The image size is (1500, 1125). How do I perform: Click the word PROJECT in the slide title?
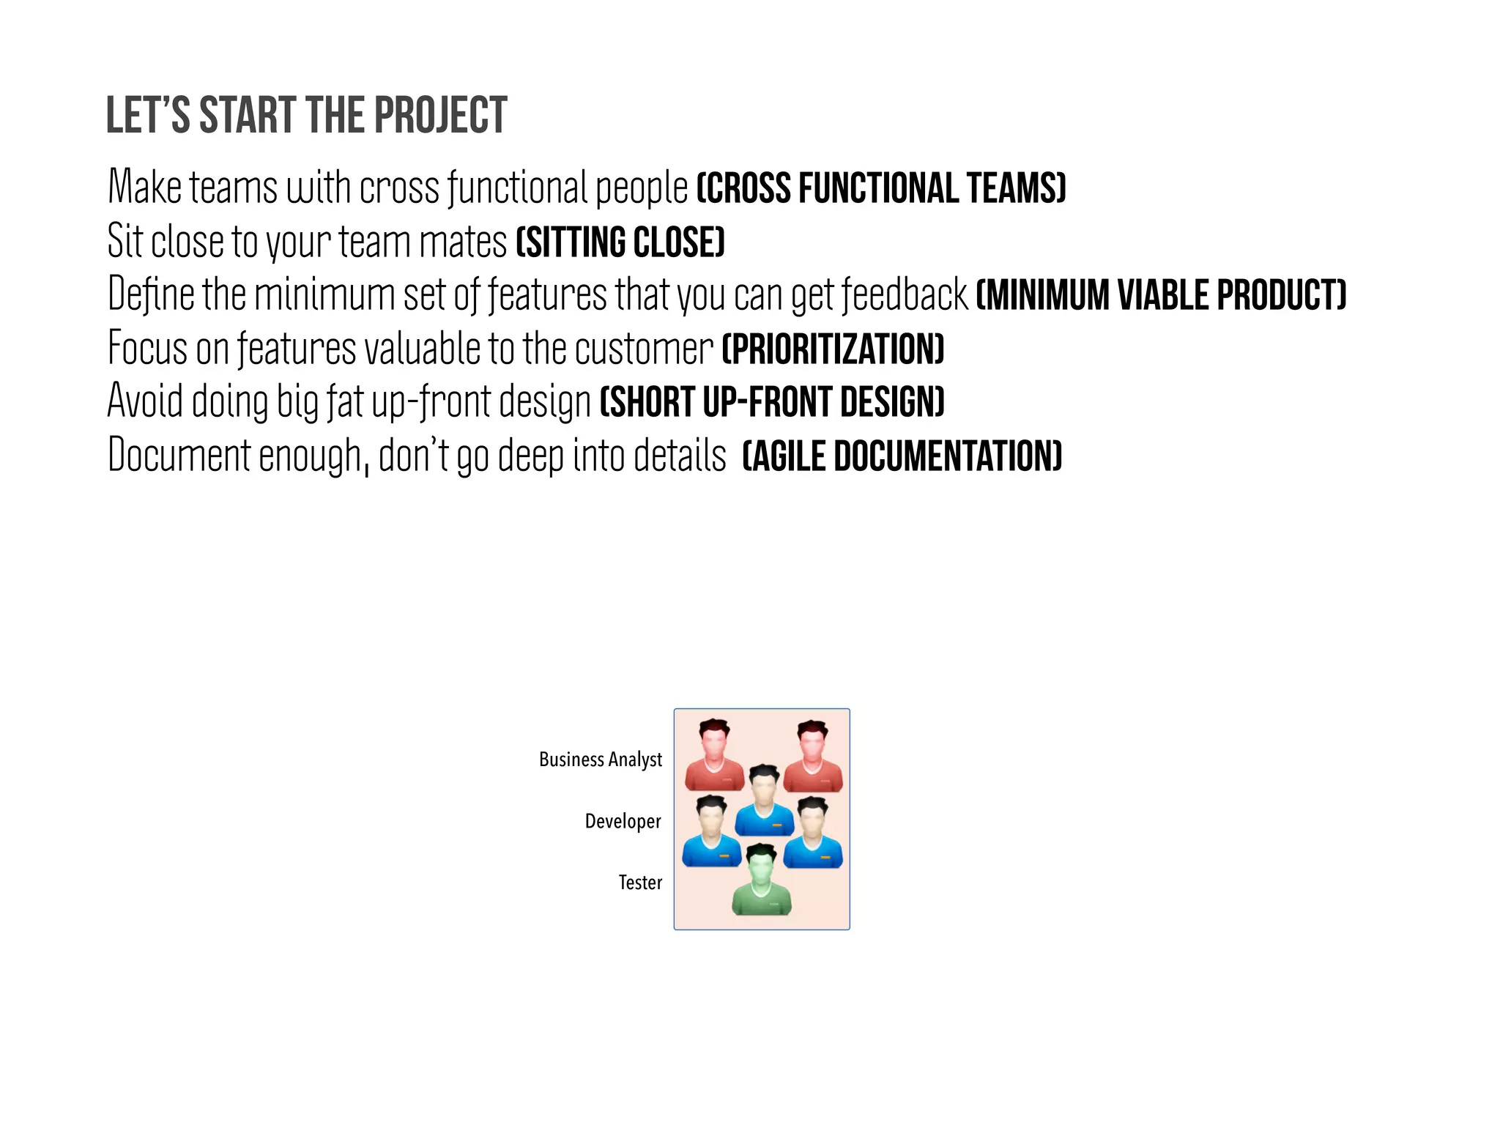click(440, 116)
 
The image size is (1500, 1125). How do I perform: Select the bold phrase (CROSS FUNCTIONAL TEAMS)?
click(880, 187)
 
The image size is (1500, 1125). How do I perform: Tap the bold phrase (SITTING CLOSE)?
click(620, 242)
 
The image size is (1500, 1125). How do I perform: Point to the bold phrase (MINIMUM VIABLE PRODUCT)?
click(1161, 295)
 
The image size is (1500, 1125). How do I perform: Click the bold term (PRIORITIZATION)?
click(833, 349)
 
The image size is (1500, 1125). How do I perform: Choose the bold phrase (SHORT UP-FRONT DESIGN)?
click(772, 402)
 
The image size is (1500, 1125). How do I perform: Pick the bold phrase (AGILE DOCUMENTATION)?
click(902, 456)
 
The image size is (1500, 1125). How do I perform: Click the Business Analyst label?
click(600, 760)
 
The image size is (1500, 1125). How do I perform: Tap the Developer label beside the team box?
click(623, 821)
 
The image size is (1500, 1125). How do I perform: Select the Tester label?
click(639, 883)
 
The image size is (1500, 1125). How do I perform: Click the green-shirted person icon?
click(762, 881)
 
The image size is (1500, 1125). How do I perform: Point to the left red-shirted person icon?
click(714, 757)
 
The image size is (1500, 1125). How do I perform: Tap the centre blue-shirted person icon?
click(764, 802)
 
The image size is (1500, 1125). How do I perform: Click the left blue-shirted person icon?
click(711, 833)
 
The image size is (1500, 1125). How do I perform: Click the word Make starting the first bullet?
click(144, 187)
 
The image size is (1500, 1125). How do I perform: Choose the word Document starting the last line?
click(179, 456)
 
